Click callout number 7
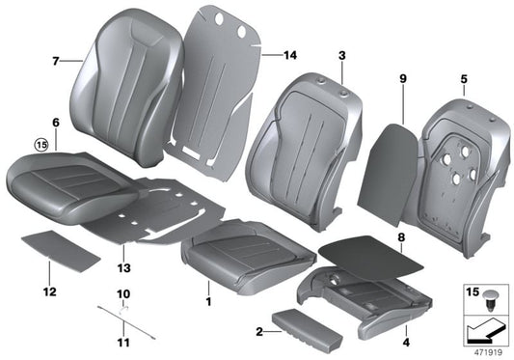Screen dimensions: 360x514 pyautogui.click(x=55, y=61)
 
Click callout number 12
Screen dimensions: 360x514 pyautogui.click(x=50, y=291)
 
